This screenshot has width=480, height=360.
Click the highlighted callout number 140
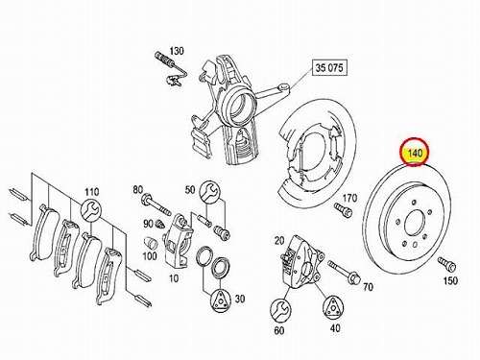[x=415, y=153]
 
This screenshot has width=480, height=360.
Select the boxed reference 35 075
[x=329, y=68]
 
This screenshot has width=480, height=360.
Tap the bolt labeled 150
[x=447, y=263]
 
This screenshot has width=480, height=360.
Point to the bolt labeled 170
[x=343, y=209]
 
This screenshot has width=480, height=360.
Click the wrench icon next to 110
[x=91, y=210]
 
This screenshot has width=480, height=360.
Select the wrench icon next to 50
[x=209, y=191]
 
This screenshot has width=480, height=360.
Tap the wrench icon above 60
[x=280, y=309]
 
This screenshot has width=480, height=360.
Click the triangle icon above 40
[x=333, y=307]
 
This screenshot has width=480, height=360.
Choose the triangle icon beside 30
[x=221, y=300]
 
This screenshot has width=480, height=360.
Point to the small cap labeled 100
[x=151, y=243]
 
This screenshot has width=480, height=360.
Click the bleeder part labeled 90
[x=159, y=224]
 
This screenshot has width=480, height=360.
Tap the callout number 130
[x=177, y=51]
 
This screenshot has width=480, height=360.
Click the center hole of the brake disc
[x=415, y=223]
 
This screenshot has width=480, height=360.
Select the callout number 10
[x=174, y=278]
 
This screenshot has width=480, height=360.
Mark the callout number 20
[x=279, y=241]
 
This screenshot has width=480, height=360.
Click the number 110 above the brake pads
[x=92, y=192]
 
